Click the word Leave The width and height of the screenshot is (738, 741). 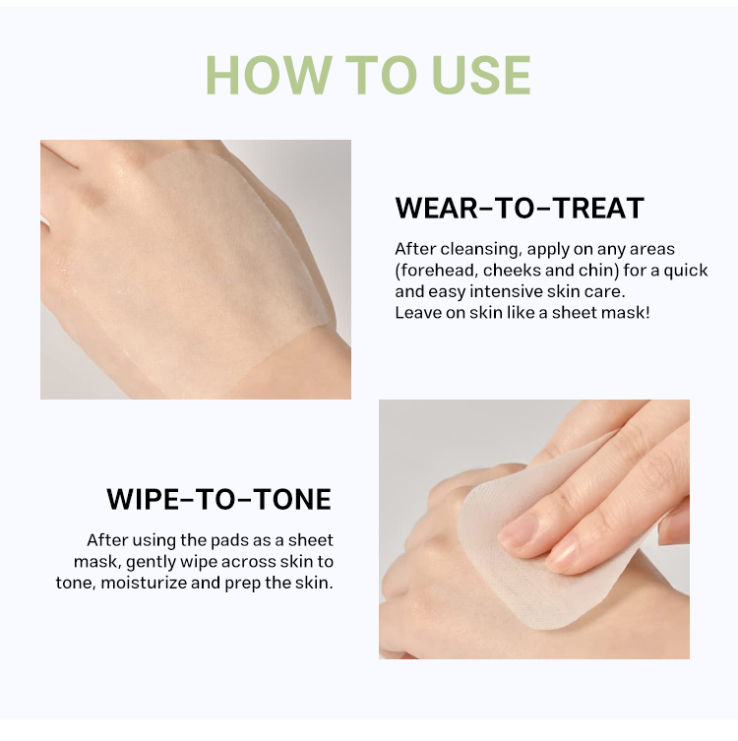(416, 312)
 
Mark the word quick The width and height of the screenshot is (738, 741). (685, 271)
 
